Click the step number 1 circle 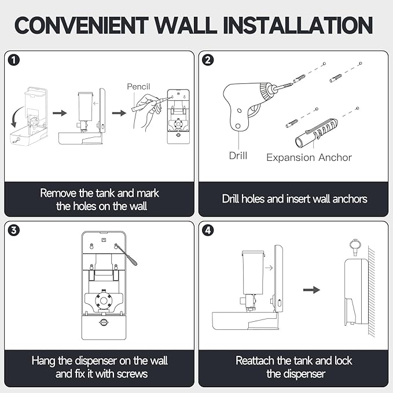click(x=14, y=60)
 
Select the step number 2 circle click(x=208, y=60)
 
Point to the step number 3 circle click(x=14, y=230)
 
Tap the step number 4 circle click(x=208, y=230)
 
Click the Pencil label click(x=139, y=86)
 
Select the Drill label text click(x=238, y=156)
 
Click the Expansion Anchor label click(x=308, y=157)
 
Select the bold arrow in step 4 click(x=312, y=289)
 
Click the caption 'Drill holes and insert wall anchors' click(x=294, y=199)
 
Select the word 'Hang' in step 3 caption click(x=44, y=361)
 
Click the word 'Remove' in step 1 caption click(x=60, y=193)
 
